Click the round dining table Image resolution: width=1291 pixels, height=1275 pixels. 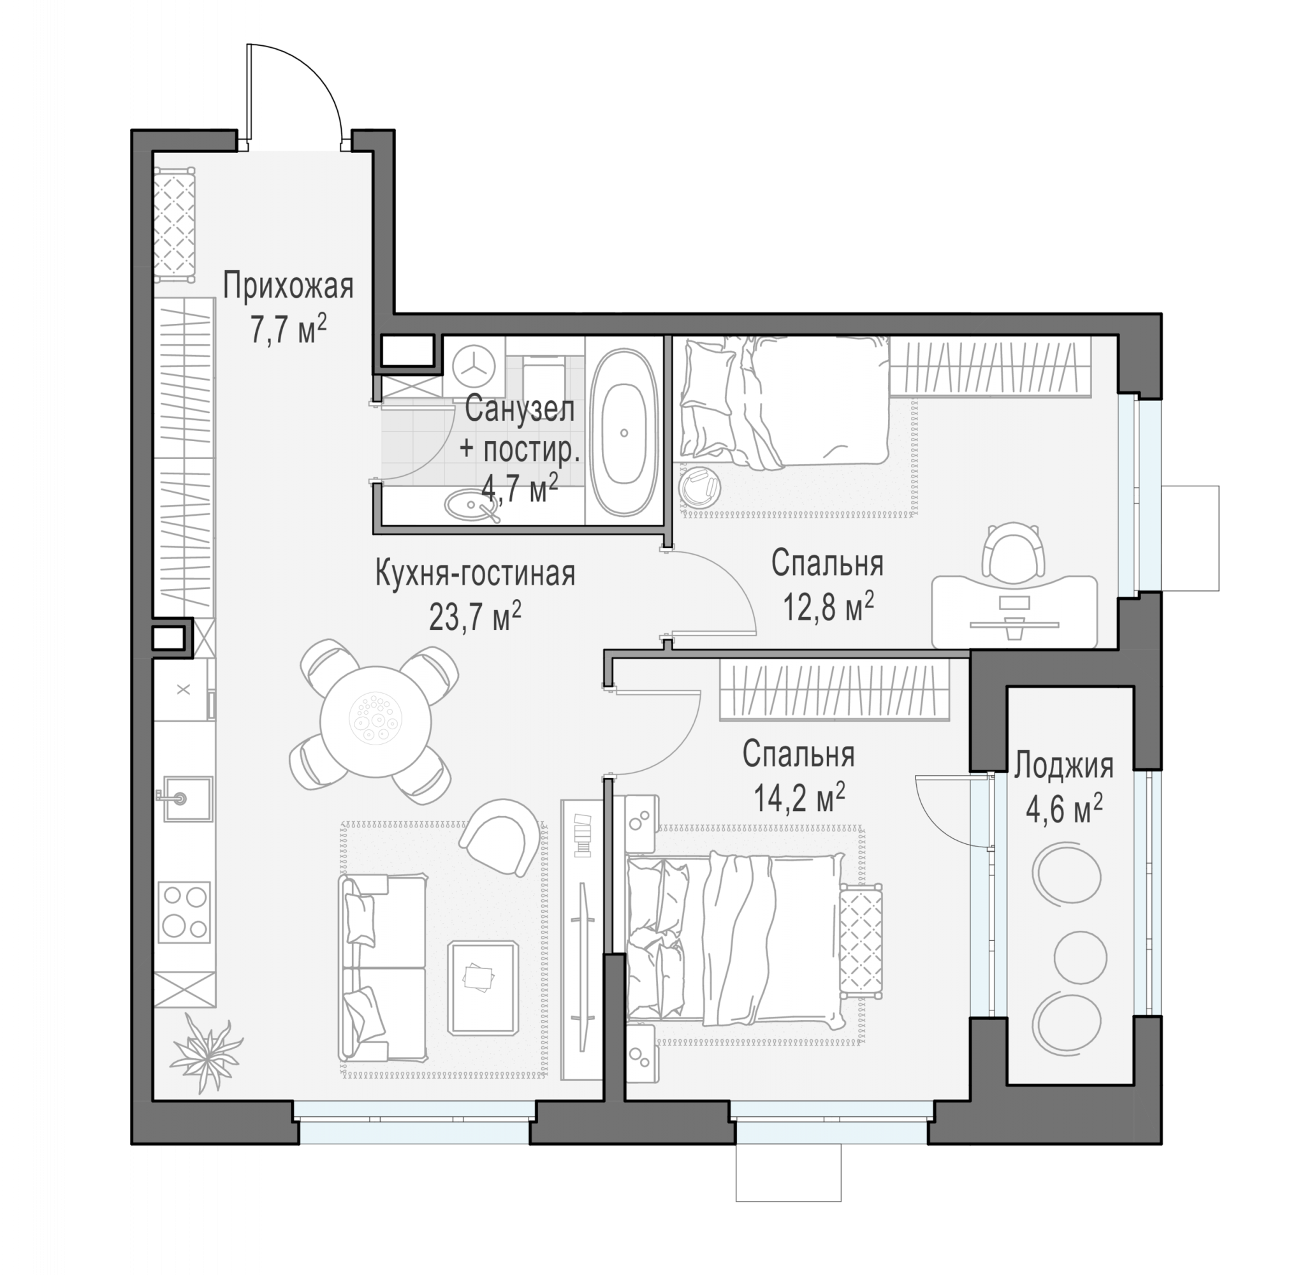(x=376, y=721)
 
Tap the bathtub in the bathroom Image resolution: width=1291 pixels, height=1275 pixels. (x=624, y=432)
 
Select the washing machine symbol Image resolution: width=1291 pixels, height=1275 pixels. (x=474, y=365)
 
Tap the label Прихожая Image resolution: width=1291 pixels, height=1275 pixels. (x=288, y=286)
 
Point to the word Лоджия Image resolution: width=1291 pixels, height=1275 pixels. (x=1064, y=767)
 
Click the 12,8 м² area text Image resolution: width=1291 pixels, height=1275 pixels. (x=829, y=607)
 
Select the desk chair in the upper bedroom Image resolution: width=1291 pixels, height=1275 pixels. (x=1014, y=550)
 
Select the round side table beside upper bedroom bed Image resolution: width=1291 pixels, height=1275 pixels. (x=699, y=488)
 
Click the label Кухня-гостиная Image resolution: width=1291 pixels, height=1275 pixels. (x=475, y=573)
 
